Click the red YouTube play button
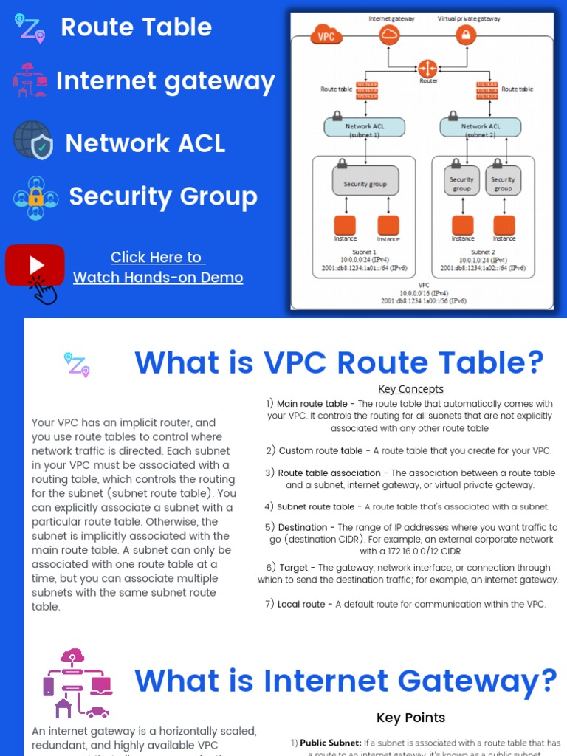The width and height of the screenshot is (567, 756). pos(35,265)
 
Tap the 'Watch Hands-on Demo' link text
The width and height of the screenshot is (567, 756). pos(158,278)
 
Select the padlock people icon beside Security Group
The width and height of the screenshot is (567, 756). pos(35,197)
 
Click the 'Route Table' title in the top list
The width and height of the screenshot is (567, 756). pos(136,27)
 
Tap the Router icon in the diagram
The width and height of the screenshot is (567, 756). pos(427,69)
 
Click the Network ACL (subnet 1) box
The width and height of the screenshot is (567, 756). pos(365,127)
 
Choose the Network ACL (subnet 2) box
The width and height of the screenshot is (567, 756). pos(480,127)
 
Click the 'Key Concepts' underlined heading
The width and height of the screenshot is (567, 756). pos(410,389)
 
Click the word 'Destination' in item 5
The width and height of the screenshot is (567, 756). pos(303,527)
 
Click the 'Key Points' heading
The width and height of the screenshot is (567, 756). pos(410,718)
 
